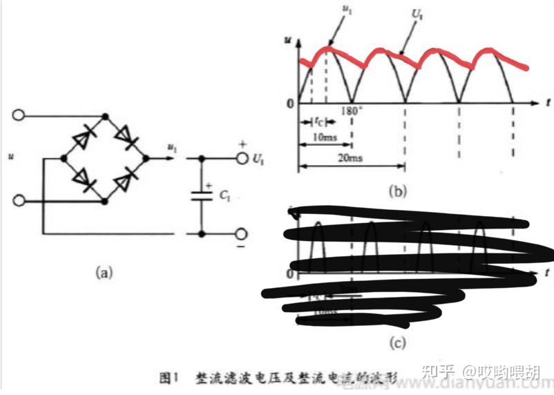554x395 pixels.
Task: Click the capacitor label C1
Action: [x=224, y=195]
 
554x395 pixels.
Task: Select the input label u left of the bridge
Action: [x=11, y=157]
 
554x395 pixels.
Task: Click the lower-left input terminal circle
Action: [x=19, y=201]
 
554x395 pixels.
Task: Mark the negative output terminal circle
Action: [x=242, y=234]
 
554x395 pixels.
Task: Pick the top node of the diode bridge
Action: [x=105, y=117]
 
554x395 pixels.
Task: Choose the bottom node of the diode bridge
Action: [x=105, y=201]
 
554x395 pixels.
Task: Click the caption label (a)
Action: [x=104, y=272]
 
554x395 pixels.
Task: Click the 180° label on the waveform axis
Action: [x=352, y=110]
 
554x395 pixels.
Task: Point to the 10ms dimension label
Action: [x=324, y=137]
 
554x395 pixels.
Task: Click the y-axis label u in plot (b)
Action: [x=287, y=40]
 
